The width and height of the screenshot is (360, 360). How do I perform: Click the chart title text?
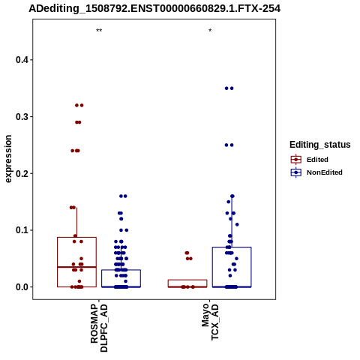point(154,8)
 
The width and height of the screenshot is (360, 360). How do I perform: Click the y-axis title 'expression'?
point(8,159)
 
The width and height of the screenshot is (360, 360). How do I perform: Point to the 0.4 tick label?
point(21,60)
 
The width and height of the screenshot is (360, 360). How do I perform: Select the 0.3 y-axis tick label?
point(21,117)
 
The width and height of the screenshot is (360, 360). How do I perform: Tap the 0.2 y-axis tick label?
point(21,173)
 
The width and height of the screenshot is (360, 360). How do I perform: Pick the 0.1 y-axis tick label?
point(21,230)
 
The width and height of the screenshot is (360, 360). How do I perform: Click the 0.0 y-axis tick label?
point(21,287)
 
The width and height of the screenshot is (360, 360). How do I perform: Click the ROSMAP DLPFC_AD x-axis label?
point(99,328)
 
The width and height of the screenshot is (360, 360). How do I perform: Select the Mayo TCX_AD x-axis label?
point(210,322)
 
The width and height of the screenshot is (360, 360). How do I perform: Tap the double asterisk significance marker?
point(99,31)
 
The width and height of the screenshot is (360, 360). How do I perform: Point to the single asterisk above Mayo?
point(210,31)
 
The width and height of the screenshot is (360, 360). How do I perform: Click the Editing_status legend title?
point(320,145)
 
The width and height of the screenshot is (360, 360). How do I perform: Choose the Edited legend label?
point(317,160)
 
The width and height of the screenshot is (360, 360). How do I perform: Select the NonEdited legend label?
point(325,172)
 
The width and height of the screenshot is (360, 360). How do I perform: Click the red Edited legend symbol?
point(296,160)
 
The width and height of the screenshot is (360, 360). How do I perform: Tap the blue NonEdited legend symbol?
point(296,172)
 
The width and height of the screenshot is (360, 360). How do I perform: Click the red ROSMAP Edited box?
point(57,262)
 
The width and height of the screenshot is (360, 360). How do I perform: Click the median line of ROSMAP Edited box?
point(76,267)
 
